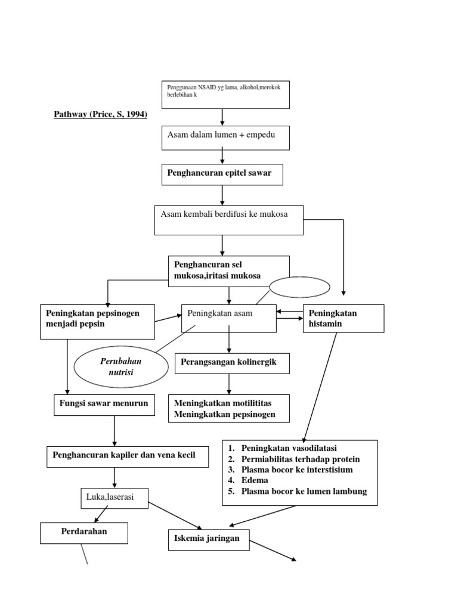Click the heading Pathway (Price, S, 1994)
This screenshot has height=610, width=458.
(100, 113)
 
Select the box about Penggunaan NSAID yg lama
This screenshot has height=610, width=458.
(225, 95)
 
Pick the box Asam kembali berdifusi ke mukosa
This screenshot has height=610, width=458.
(229, 220)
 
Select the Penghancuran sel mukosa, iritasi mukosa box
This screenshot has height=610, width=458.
(229, 271)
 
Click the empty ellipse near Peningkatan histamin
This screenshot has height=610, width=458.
(299, 287)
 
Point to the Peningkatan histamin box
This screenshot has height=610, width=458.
(343, 319)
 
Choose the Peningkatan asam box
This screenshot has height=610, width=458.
(228, 318)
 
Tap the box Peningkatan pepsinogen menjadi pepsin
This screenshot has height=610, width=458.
(98, 322)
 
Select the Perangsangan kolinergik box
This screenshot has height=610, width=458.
(232, 363)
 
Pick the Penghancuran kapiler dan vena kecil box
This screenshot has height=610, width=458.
(128, 456)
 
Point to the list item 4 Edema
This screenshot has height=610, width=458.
(255, 480)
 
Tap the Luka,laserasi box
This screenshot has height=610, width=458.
(114, 498)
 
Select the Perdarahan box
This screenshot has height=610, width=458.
(84, 533)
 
